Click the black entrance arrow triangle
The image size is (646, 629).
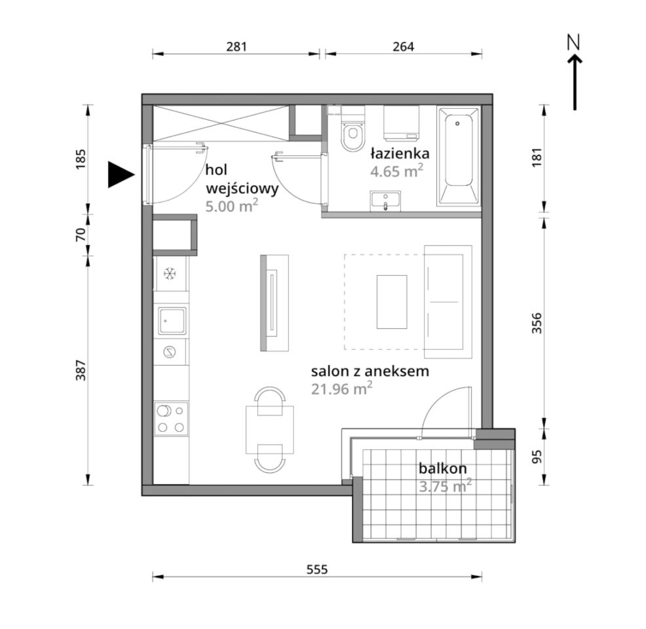[120, 175]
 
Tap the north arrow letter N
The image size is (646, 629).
[573, 43]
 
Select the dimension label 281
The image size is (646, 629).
[237, 47]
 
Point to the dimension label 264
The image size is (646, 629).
[403, 47]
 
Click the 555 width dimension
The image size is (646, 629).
[317, 569]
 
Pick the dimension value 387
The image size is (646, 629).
[81, 370]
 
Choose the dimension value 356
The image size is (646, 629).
[537, 324]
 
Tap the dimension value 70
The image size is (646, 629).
[81, 235]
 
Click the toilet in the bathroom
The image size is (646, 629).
[352, 128]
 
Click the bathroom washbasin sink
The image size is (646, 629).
[385, 201]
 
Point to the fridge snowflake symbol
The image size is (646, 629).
[170, 273]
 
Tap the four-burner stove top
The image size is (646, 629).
[172, 419]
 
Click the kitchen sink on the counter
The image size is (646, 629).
[172, 320]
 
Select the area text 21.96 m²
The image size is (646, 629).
[342, 389]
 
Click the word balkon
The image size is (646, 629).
[442, 468]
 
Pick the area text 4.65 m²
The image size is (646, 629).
[397, 170]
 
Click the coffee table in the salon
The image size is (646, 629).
[392, 302]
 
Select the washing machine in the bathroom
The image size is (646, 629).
[401, 123]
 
